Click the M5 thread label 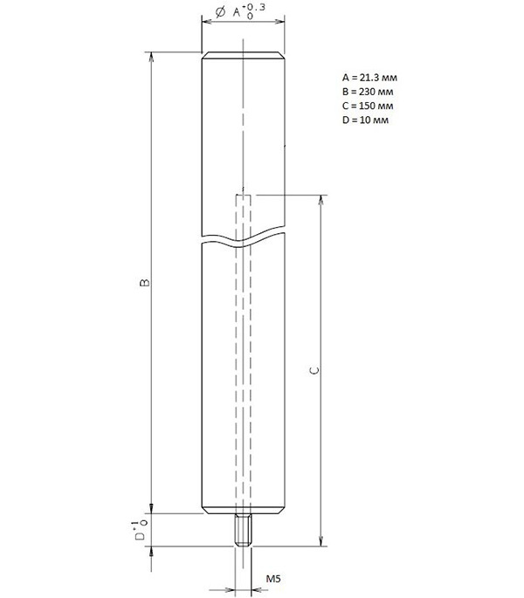273,579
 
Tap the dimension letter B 145,283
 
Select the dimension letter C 314,370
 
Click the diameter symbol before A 220,12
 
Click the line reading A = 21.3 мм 369,78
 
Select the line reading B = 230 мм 368,92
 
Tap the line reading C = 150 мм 368,106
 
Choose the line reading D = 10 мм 365,120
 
